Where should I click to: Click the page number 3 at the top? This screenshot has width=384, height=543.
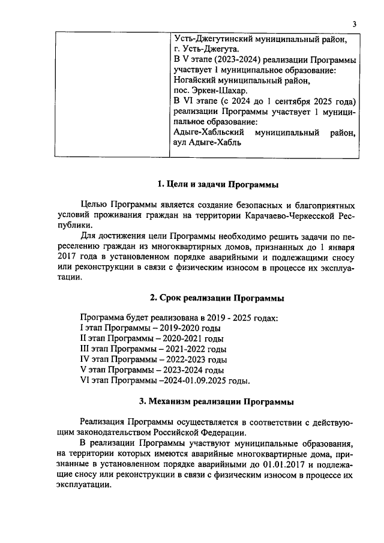[x=355, y=24]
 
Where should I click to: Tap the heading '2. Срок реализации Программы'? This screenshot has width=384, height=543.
[x=217, y=298]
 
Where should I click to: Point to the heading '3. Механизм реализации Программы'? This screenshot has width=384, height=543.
[x=217, y=400]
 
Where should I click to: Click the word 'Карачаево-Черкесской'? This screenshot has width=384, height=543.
[x=289, y=215]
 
